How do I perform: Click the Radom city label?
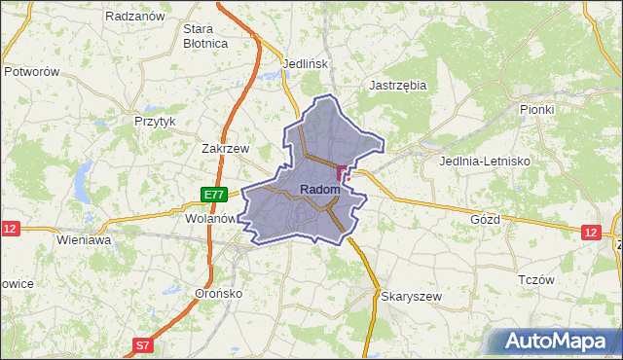click(319, 189)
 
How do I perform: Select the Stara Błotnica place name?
click(205, 36)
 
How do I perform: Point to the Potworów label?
click(33, 72)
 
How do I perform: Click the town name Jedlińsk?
click(307, 64)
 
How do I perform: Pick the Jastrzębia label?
click(399, 85)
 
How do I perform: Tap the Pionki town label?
click(536, 110)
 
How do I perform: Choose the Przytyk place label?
click(155, 122)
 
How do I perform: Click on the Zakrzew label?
click(226, 149)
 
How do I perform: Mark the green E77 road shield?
click(215, 195)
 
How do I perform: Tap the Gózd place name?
click(484, 219)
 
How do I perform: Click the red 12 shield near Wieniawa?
click(11, 229)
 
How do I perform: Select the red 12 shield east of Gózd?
click(591, 232)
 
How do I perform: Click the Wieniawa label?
click(85, 238)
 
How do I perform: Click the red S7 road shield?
click(143, 344)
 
